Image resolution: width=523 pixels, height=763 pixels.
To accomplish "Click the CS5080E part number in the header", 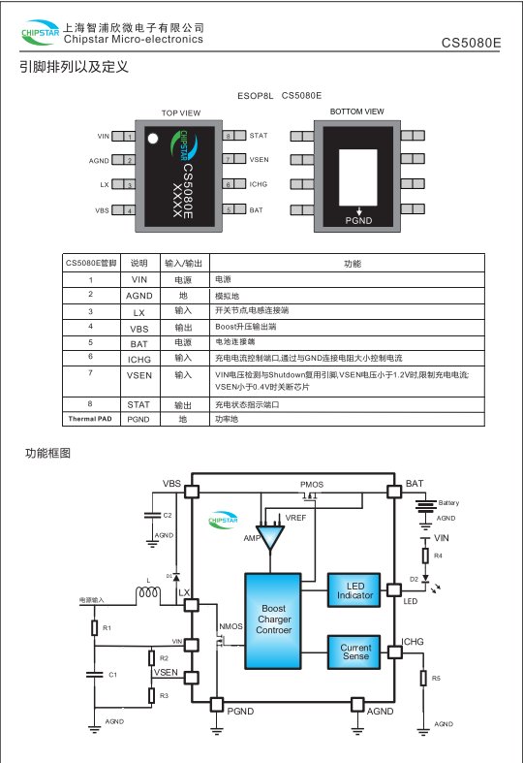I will pos(472,44).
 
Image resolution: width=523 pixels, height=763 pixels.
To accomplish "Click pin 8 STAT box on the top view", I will pos(229,136).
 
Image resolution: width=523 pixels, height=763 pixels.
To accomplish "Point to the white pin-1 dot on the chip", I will pos(152,138).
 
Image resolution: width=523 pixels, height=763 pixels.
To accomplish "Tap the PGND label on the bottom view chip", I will pos(359,220).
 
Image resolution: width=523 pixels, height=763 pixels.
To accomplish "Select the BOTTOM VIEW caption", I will pos(356,112).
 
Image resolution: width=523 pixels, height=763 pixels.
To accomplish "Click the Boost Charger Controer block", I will pos(273,620).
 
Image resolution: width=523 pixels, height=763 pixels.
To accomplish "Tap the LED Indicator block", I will pos(355,589).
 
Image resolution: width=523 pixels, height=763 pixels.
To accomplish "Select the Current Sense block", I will pos(355,652).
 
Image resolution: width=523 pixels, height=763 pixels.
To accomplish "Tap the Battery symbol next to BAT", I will pos(423,504).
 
